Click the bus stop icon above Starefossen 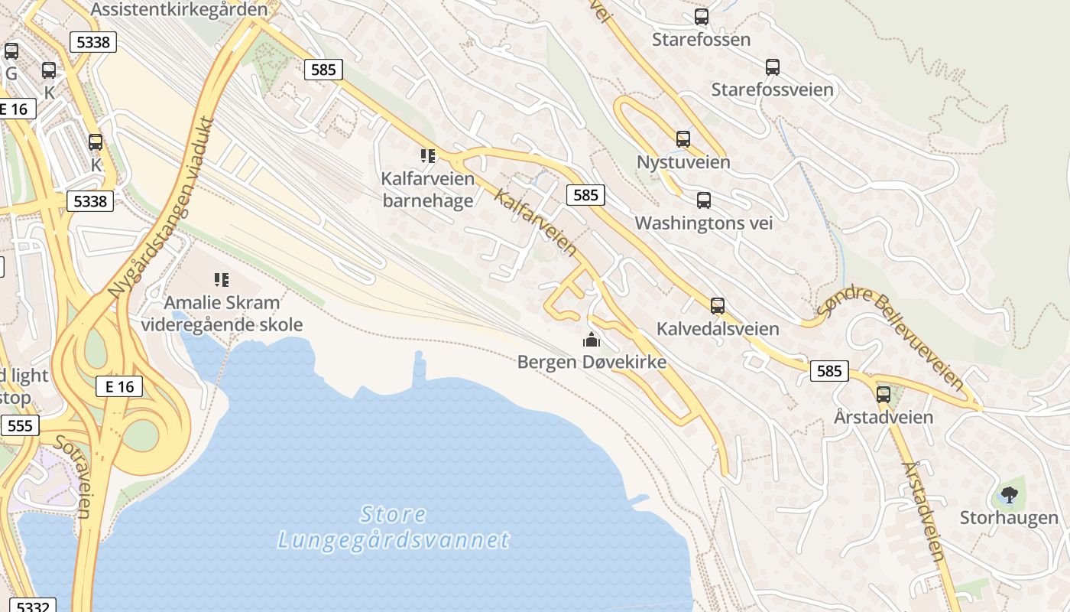click(701, 16)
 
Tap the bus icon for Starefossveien click(773, 67)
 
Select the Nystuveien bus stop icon click(683, 139)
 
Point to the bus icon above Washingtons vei click(704, 200)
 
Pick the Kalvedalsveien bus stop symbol click(718, 306)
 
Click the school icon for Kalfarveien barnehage click(428, 156)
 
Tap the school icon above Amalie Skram click(222, 280)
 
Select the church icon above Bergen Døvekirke click(592, 339)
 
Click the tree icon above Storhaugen click(1009, 495)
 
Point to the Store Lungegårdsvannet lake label click(393, 527)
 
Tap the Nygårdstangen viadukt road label click(161, 207)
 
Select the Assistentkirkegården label click(180, 9)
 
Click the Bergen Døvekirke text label click(592, 362)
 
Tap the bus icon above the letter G click(11, 51)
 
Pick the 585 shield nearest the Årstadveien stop click(828, 372)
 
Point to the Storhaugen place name click(1009, 518)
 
